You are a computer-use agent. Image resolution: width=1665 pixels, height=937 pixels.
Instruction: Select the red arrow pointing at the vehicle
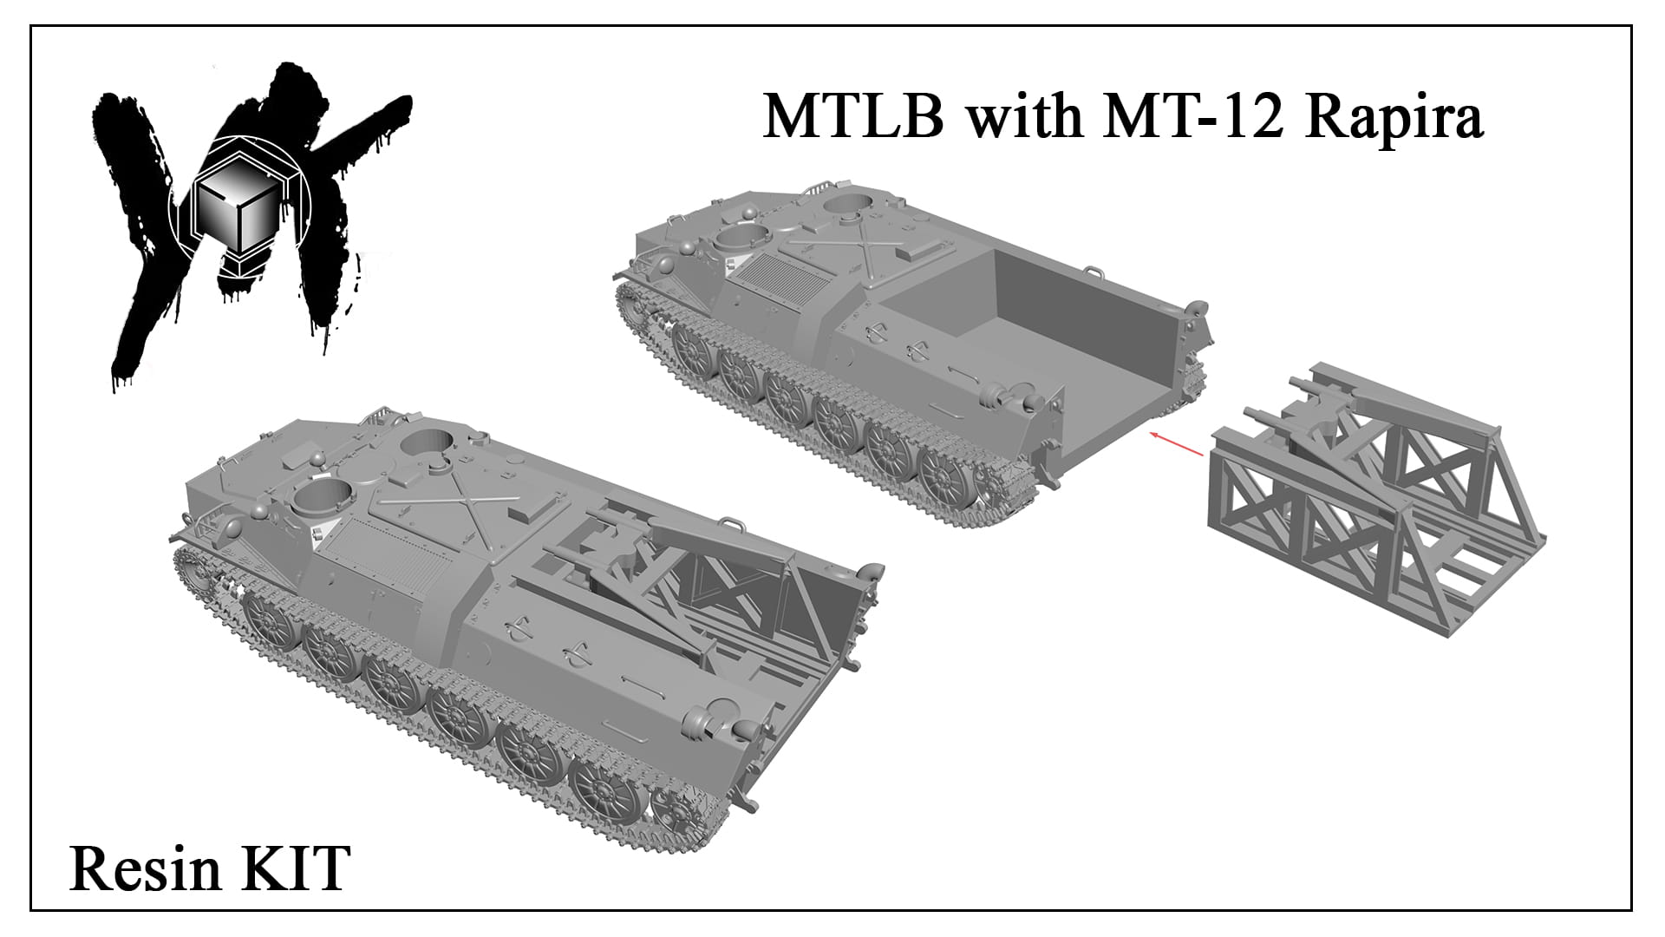(x=1175, y=442)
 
